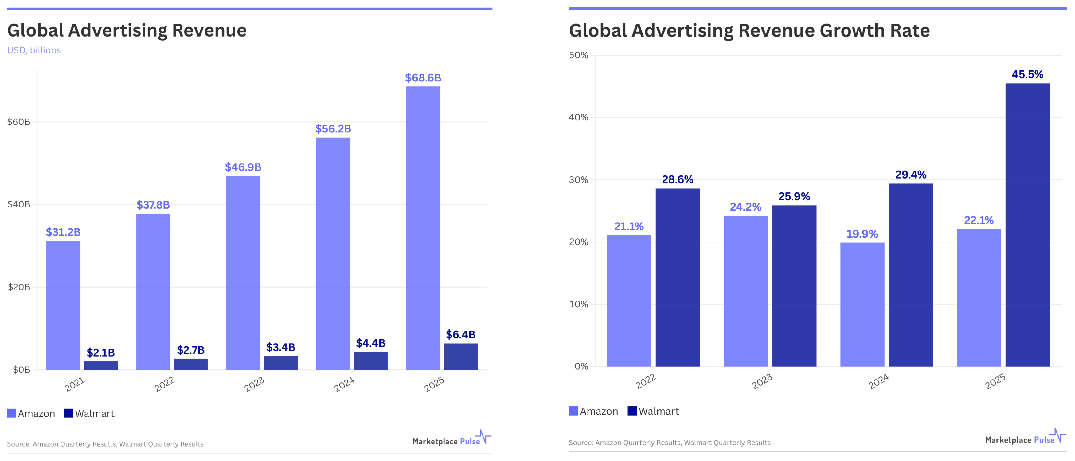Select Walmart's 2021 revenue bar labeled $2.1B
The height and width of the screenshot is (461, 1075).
pyautogui.click(x=100, y=365)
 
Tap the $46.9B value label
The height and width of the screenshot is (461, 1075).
pyautogui.click(x=243, y=167)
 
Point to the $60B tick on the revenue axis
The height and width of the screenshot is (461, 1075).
pyautogui.click(x=19, y=122)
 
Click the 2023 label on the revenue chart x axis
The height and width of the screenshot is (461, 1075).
pyautogui.click(x=254, y=384)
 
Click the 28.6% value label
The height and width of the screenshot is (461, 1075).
pyautogui.click(x=677, y=179)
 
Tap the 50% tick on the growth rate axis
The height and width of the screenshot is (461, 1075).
pyautogui.click(x=578, y=55)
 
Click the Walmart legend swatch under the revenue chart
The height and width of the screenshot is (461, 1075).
pyautogui.click(x=69, y=413)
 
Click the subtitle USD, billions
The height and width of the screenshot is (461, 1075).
pyautogui.click(x=34, y=50)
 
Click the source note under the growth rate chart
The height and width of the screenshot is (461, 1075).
pyautogui.click(x=669, y=443)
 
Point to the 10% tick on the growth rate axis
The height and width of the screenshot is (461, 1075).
pyautogui.click(x=578, y=304)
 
